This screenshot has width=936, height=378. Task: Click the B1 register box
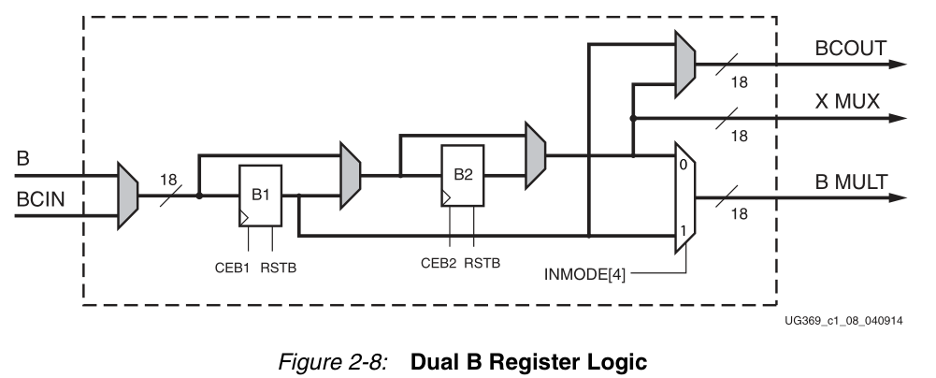pos(258,196)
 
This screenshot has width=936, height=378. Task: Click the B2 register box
pos(463,176)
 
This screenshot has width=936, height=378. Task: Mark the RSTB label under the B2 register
pos(483,263)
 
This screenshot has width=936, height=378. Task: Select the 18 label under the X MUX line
pos(739,136)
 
